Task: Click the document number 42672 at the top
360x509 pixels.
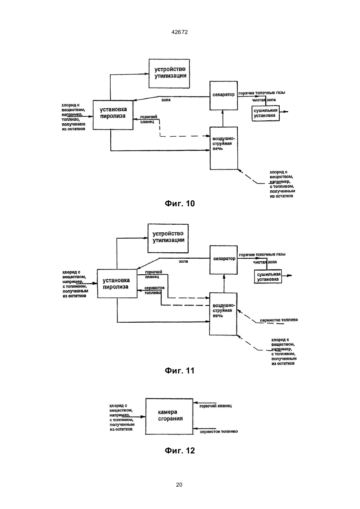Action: tap(179, 32)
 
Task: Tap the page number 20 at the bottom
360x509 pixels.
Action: tap(179, 485)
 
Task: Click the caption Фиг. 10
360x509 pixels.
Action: tap(180, 204)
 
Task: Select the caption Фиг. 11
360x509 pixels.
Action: tap(180, 371)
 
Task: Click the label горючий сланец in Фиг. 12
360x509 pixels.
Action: tap(215, 406)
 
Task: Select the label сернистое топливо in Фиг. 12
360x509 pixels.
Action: tap(219, 431)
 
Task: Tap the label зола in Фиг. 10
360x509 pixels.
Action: tap(166, 100)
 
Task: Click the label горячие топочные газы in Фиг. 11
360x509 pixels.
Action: tap(262, 254)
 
